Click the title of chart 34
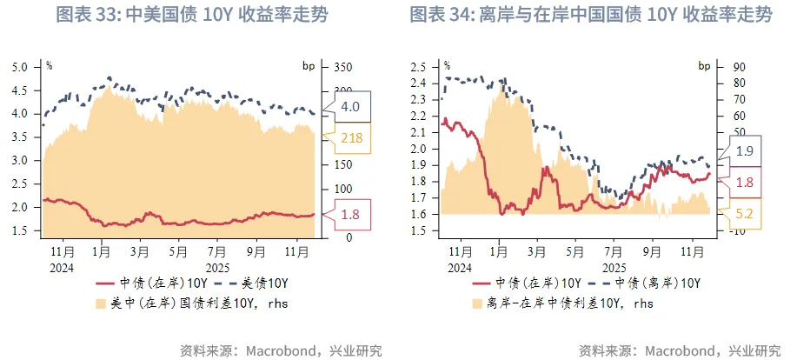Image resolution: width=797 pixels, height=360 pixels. (590, 15)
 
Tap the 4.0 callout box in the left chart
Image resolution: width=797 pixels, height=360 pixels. (350, 106)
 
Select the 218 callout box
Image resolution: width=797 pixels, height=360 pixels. (350, 137)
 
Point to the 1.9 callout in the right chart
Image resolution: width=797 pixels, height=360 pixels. (745, 150)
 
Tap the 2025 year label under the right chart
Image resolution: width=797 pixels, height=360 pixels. (614, 268)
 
